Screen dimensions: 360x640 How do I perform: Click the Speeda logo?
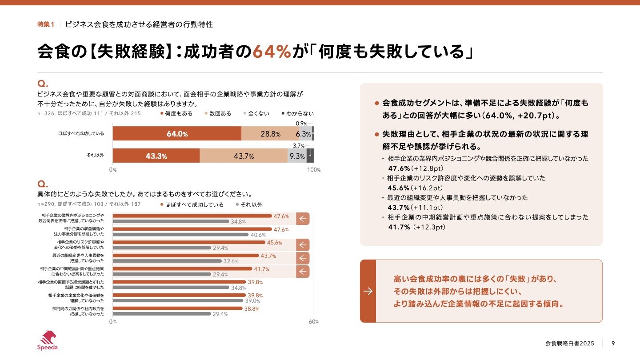click(47, 340)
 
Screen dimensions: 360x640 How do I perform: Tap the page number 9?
click(613, 343)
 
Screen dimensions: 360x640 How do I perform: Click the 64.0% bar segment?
click(177, 134)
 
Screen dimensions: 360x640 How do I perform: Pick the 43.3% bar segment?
click(156, 156)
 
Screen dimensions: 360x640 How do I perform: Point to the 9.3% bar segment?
click(297, 156)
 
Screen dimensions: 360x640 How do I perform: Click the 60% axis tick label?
click(314, 322)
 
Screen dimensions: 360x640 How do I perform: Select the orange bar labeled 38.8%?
click(177, 308)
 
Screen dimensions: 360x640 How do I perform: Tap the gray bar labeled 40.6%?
click(180, 235)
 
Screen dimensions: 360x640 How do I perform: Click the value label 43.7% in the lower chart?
click(268, 256)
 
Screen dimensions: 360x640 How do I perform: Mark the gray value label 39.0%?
click(253, 301)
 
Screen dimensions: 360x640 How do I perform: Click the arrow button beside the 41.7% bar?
click(303, 272)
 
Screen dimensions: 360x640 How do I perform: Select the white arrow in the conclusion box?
click(368, 291)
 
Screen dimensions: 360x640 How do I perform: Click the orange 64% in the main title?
click(272, 52)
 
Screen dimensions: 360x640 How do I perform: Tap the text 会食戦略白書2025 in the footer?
click(569, 343)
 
